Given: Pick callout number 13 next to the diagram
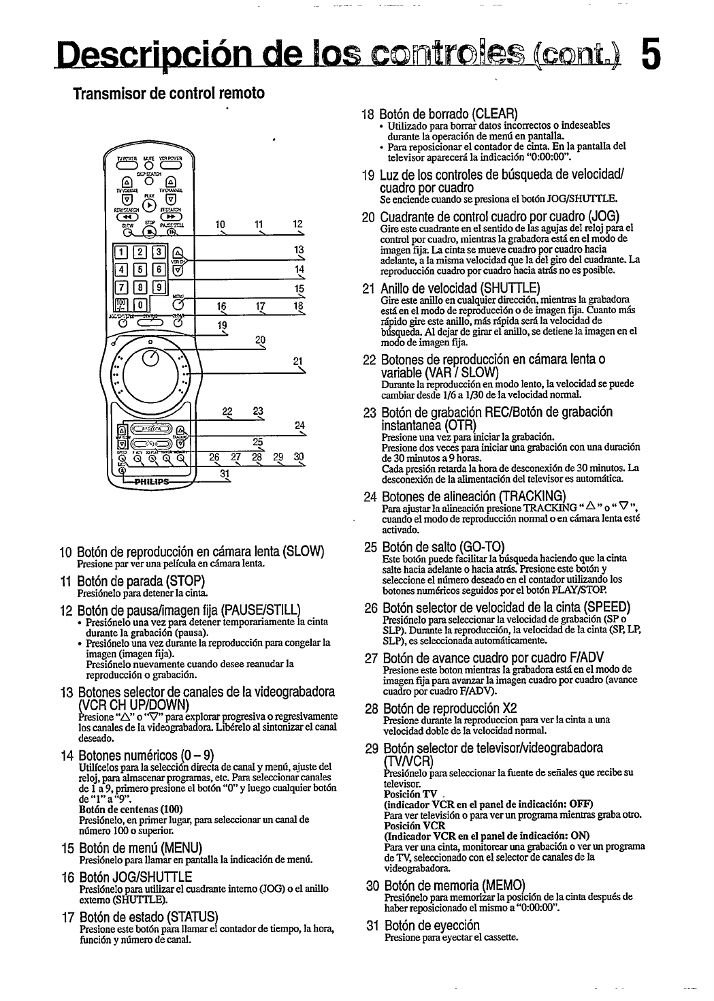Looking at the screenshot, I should (x=297, y=250).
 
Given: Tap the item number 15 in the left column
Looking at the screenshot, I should (x=66, y=846).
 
